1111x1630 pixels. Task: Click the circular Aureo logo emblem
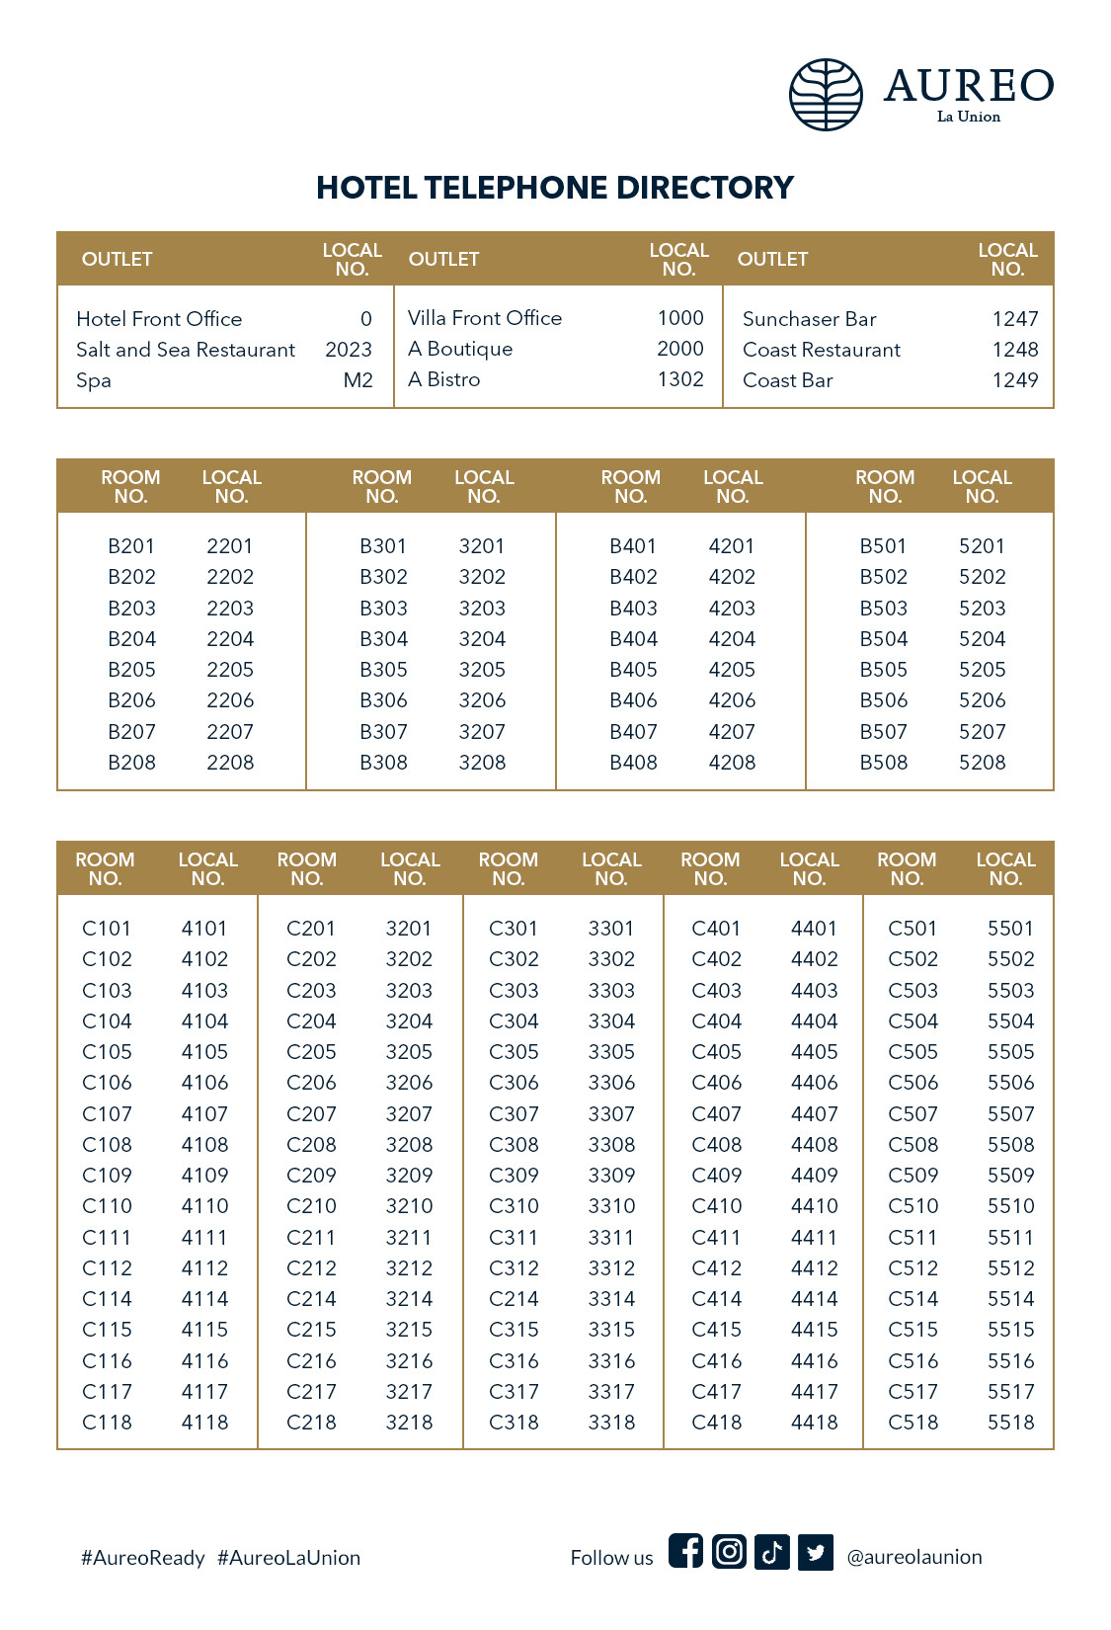[826, 95]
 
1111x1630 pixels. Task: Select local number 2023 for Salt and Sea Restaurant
[349, 350]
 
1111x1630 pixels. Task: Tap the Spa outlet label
[94, 380]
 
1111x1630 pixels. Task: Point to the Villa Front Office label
[485, 318]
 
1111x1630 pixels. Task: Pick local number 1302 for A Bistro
[680, 379]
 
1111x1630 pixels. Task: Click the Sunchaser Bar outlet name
[809, 319]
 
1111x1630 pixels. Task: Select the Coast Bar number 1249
[1015, 380]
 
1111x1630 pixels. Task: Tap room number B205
[131, 670]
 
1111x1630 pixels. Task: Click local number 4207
[732, 732]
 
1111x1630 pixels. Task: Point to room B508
[883, 763]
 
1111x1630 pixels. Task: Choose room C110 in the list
[107, 1206]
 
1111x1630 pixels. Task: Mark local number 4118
[204, 1423]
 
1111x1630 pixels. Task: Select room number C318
[514, 1423]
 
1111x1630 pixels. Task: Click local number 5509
[1010, 1176]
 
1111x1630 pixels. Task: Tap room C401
[716, 929]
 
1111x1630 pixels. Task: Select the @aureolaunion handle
[914, 1557]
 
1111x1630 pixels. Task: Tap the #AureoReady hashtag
[143, 1558]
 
